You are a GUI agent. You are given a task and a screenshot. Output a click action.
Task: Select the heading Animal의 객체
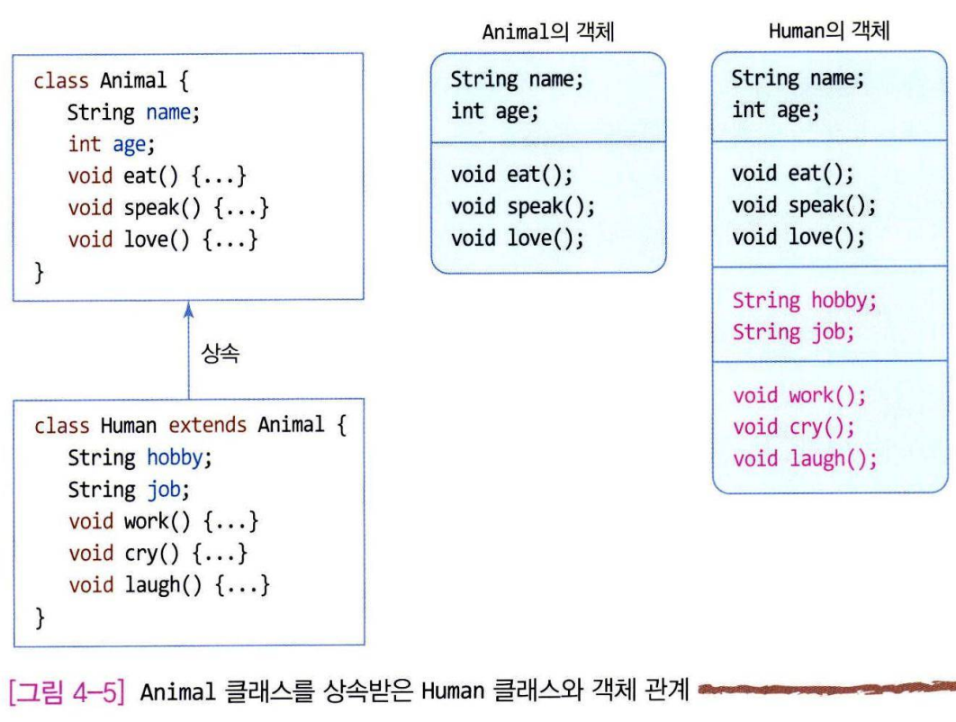click(548, 32)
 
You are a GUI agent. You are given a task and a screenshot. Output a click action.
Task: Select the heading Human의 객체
click(829, 32)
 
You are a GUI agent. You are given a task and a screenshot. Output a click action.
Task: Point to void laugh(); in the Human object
click(804, 459)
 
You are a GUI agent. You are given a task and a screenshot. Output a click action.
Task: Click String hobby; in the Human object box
click(804, 300)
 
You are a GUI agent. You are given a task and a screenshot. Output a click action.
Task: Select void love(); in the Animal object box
click(518, 239)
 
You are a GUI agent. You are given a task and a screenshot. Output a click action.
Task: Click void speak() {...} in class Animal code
click(168, 208)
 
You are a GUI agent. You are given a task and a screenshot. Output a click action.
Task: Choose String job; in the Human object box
click(792, 332)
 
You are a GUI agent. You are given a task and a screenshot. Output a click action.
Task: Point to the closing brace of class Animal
click(39, 271)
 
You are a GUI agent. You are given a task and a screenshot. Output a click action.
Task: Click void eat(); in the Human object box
click(792, 173)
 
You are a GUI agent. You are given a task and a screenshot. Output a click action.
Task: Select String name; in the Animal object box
click(517, 79)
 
